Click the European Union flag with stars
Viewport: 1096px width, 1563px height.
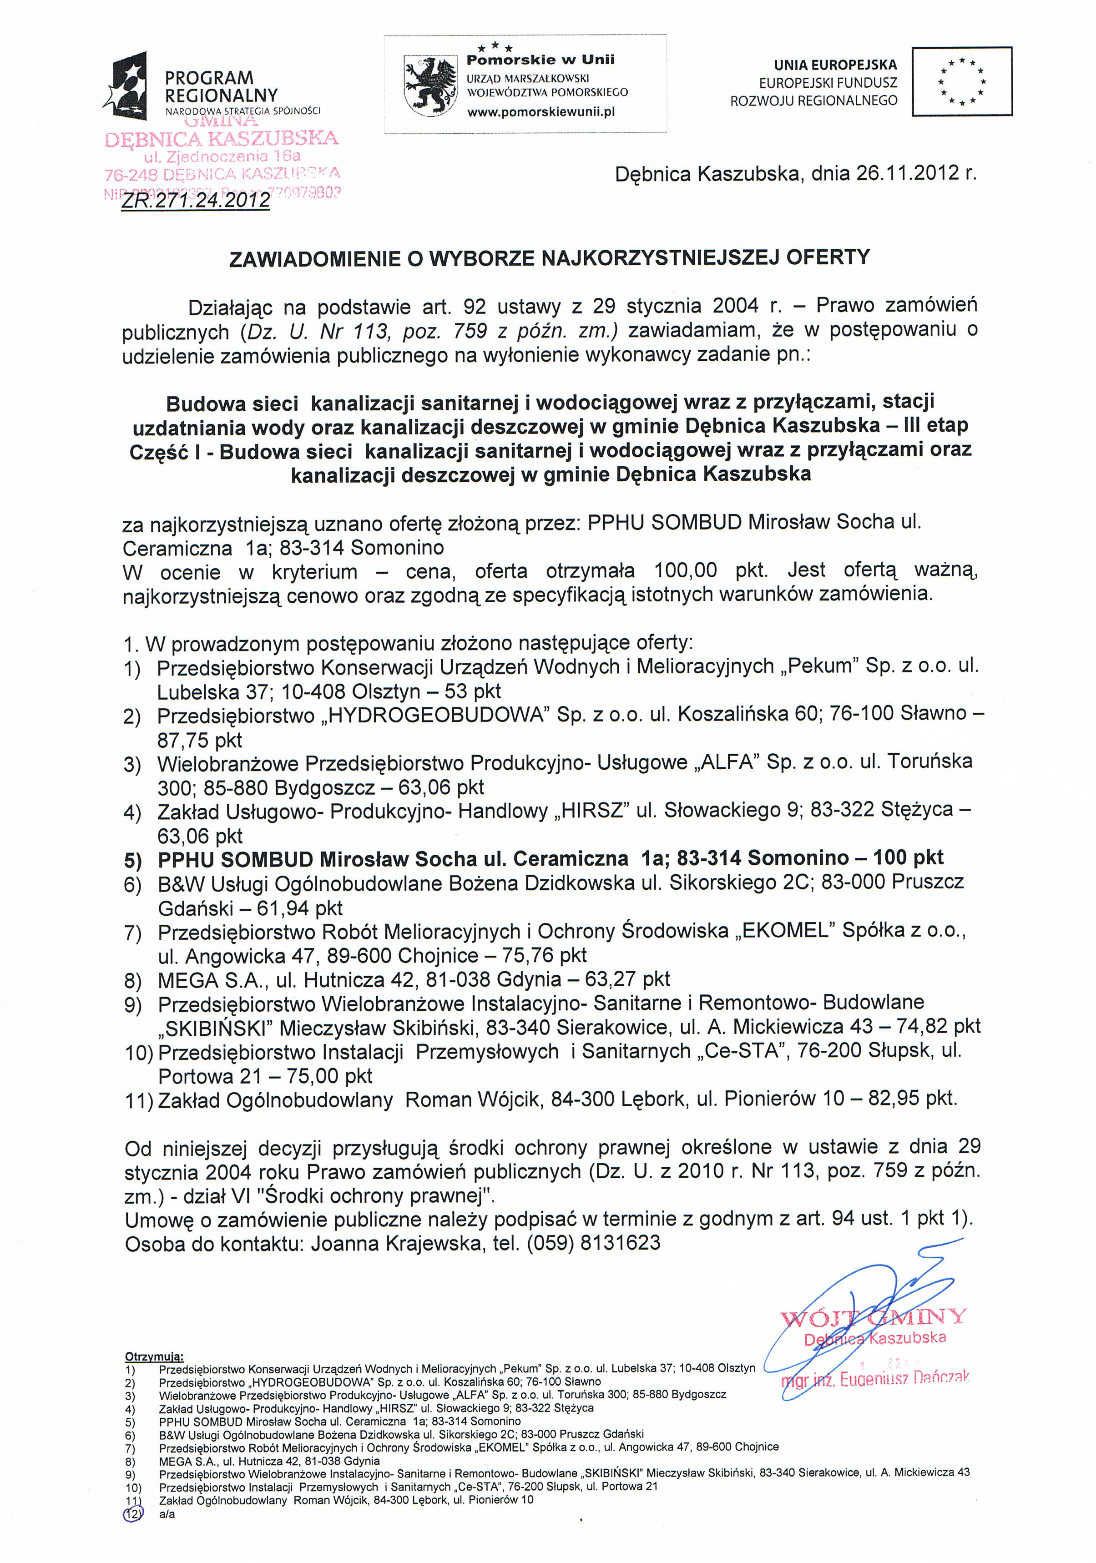pyautogui.click(x=961, y=81)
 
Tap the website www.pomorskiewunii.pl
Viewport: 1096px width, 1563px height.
pyautogui.click(x=540, y=111)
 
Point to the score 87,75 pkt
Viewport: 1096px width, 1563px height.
pyautogui.click(x=199, y=740)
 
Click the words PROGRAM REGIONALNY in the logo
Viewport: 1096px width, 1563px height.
pyautogui.click(x=221, y=86)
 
